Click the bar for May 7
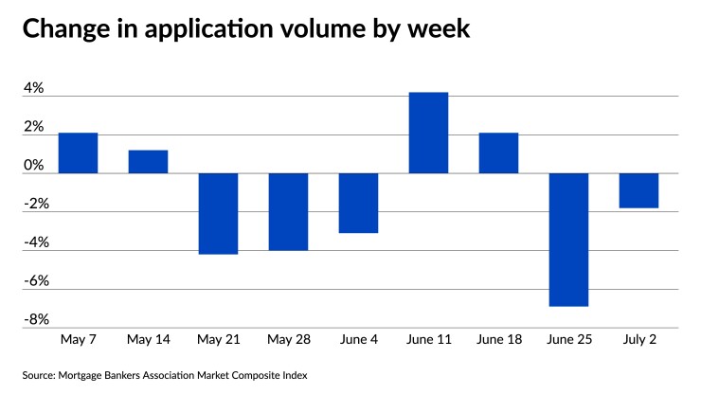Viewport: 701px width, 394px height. (78, 153)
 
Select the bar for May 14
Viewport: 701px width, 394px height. (148, 162)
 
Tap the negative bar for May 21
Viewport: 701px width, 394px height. (218, 214)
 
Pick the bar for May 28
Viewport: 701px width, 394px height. (288, 212)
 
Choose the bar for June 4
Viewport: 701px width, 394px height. (358, 204)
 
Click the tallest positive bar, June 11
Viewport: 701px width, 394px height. (428, 133)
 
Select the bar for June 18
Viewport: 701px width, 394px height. (498, 153)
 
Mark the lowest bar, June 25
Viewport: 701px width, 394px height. (568, 240)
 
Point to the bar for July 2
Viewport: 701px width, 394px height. (638, 190)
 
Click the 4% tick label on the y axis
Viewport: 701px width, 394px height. (33, 88)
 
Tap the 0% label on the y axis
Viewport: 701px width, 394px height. (33, 166)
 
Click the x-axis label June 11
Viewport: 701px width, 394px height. (428, 338)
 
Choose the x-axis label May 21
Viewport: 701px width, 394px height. (218, 338)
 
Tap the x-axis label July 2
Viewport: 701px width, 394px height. (638, 338)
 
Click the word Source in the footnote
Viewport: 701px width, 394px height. (40, 375)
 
